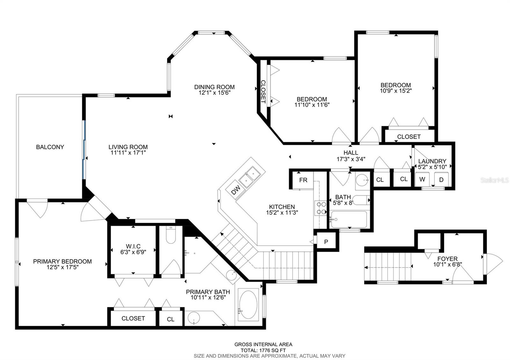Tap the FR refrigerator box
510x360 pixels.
pos(303,180)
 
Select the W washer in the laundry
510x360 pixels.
pos(422,179)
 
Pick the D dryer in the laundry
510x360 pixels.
pos(441,180)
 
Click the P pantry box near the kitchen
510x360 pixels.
pos(326,242)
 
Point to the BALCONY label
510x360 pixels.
pos(50,147)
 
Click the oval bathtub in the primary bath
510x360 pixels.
pos(248,305)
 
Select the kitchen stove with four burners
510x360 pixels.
pos(321,208)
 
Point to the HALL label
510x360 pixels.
pos(351,153)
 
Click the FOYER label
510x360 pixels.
pos(448,259)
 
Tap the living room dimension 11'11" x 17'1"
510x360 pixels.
pos(128,153)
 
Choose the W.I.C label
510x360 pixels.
pos(133,246)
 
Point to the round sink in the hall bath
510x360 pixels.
pos(362,180)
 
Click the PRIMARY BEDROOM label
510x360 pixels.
pos(62,262)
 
